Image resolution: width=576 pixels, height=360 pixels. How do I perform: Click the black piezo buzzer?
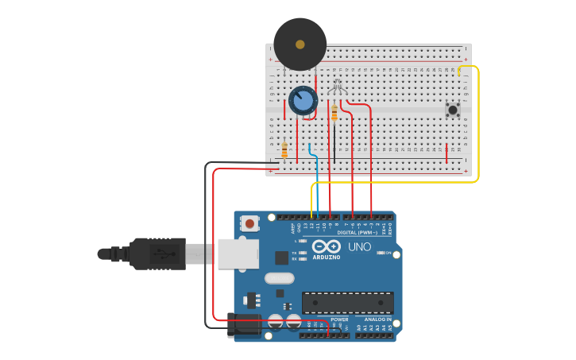300,45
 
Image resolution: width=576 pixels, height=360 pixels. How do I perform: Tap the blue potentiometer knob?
302,101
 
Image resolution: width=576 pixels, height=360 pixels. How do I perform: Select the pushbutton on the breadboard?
453,110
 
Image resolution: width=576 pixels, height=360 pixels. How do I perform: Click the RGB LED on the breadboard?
336,87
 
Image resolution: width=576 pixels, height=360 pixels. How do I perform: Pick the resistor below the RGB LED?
334,114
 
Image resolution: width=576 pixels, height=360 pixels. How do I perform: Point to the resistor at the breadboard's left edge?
284,149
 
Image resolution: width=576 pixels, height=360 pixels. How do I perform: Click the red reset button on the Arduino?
250,223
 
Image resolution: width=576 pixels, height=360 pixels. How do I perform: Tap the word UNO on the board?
360,247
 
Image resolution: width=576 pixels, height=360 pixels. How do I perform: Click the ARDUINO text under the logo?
326,257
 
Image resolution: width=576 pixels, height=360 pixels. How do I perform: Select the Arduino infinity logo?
326,246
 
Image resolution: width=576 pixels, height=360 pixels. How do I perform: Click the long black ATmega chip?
347,302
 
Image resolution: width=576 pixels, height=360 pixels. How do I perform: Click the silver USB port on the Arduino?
238,254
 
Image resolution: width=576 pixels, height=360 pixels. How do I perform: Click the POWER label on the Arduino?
329,319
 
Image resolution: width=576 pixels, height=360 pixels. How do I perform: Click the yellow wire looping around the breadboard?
478,127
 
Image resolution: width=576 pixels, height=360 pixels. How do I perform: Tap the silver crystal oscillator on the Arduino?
280,278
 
